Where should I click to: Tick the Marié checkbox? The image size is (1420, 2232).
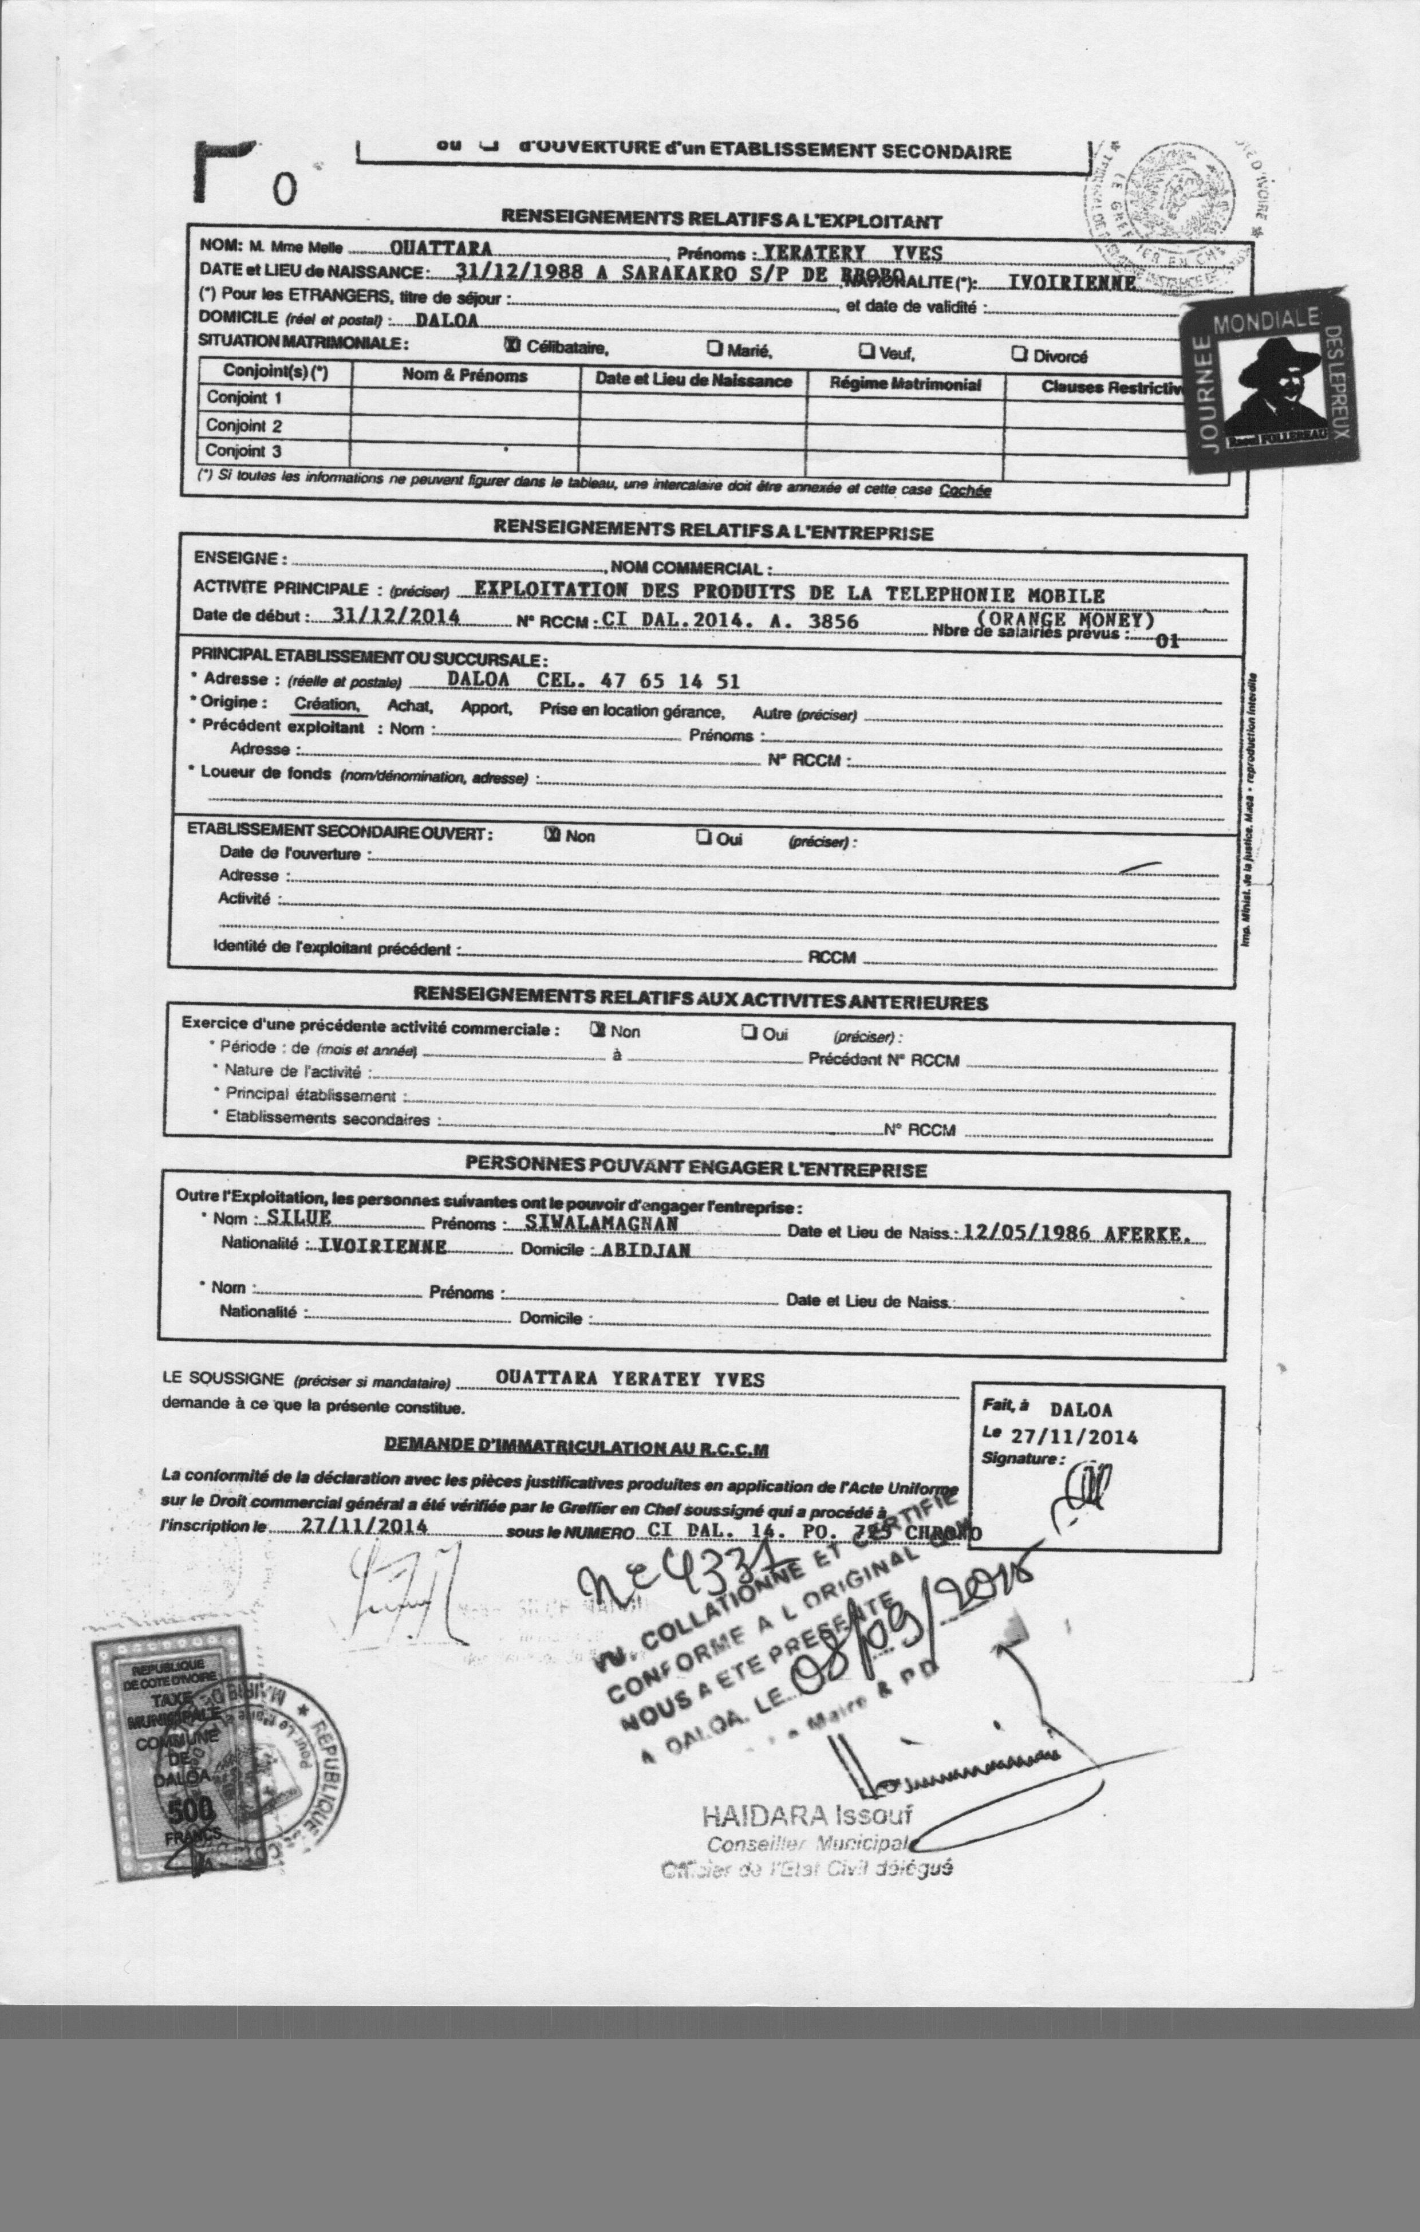(715, 349)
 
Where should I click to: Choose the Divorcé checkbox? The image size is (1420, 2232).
(1019, 354)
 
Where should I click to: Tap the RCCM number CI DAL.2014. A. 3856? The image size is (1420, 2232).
(729, 620)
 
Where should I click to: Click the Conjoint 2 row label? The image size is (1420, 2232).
(244, 426)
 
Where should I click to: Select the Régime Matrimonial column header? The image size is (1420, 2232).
(905, 384)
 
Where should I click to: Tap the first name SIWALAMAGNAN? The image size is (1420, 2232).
(602, 1223)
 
